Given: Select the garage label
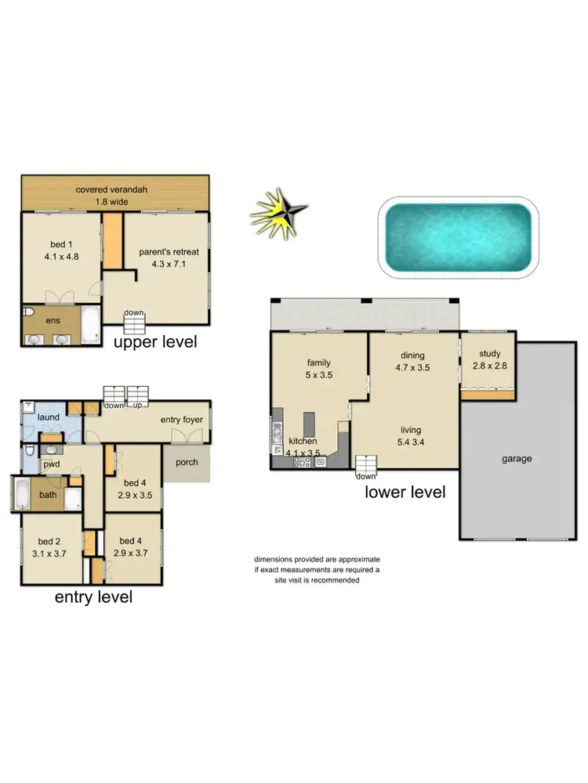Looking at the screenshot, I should pyautogui.click(x=517, y=458).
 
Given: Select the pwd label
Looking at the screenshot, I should pyautogui.click(x=52, y=464).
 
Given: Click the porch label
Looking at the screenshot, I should pyautogui.click(x=187, y=461).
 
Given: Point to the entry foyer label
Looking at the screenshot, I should pyautogui.click(x=182, y=420).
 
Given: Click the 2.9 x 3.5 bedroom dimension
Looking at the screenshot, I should pyautogui.click(x=135, y=495).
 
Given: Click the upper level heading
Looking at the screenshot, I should pyautogui.click(x=155, y=342).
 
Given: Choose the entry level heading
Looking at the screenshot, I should pyautogui.click(x=93, y=597).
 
